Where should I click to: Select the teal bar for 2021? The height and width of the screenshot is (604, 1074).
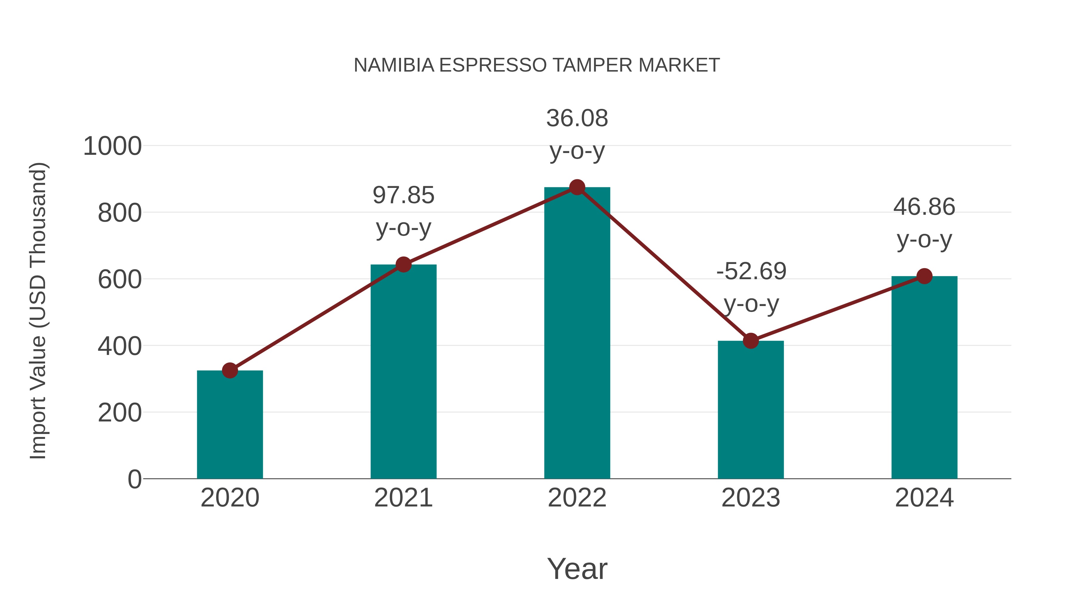point(403,375)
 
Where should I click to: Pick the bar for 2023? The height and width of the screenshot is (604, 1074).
point(751,413)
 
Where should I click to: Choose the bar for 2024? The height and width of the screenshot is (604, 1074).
point(924,379)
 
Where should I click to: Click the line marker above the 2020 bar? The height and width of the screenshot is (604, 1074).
point(230,370)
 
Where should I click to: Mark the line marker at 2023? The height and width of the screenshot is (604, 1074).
point(751,341)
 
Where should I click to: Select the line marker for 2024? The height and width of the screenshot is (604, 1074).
point(924,276)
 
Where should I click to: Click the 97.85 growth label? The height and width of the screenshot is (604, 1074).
point(403,195)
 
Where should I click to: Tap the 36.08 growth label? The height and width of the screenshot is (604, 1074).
point(577,118)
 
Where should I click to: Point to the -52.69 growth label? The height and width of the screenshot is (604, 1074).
point(751,272)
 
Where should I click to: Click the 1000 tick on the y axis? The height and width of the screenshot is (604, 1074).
point(112,147)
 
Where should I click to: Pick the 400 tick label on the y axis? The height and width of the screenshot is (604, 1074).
point(119,346)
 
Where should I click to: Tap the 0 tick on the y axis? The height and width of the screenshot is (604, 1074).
point(134,479)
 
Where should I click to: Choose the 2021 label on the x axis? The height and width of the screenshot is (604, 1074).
point(403,498)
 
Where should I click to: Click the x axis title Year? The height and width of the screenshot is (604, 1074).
point(577,569)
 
